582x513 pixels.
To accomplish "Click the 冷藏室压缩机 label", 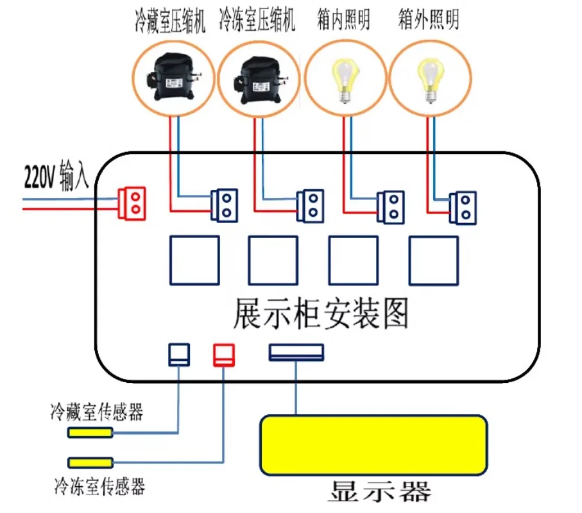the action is (x=170, y=21).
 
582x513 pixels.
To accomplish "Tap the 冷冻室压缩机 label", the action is (x=257, y=20).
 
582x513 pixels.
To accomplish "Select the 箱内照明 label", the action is (x=343, y=19).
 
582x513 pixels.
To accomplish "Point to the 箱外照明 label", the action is (x=429, y=19).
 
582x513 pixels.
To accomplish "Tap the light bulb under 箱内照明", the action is (x=345, y=80).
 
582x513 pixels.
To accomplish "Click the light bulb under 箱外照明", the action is (x=431, y=80).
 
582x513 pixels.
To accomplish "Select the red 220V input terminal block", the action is (x=132, y=203).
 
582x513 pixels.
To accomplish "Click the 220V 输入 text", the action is (x=57, y=175).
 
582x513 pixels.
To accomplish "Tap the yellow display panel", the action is (x=373, y=445).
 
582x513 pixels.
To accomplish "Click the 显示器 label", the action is (x=380, y=491).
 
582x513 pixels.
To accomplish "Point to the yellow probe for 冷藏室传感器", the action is (x=90, y=432).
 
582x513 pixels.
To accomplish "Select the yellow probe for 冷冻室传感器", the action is (x=90, y=462).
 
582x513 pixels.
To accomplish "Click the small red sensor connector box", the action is (x=224, y=355).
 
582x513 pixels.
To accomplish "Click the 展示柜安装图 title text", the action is (x=321, y=314).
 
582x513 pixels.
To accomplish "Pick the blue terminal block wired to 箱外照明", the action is (x=463, y=208).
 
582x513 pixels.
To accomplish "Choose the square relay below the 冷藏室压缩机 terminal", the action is (x=194, y=260).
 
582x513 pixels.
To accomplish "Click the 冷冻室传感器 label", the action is (x=99, y=486).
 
